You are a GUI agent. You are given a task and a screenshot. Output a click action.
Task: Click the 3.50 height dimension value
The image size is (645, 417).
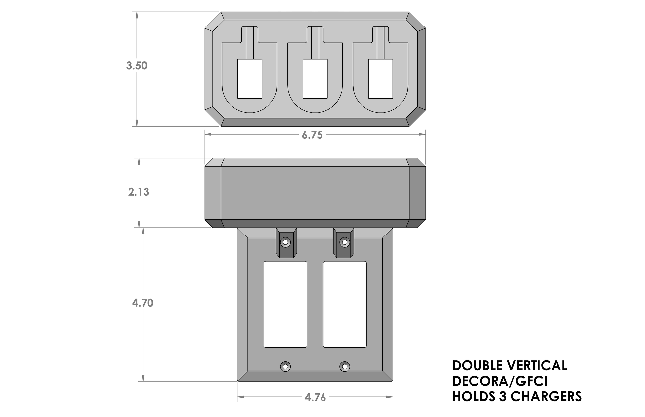tap(137, 66)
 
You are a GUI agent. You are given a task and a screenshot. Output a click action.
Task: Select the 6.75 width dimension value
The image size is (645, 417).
tap(312, 135)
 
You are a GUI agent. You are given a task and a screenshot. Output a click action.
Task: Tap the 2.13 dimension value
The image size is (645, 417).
tap(139, 192)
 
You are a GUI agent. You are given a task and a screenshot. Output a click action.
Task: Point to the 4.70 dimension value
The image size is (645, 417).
tap(143, 303)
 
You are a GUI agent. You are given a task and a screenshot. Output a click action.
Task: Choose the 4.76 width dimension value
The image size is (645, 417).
tap(315, 398)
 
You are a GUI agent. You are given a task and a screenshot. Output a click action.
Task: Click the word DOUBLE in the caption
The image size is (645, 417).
tap(477, 366)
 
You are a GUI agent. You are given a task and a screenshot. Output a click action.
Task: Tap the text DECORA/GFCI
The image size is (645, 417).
tap(500, 381)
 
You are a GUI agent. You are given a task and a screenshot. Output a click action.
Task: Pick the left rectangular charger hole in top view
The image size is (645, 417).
tap(250, 79)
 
